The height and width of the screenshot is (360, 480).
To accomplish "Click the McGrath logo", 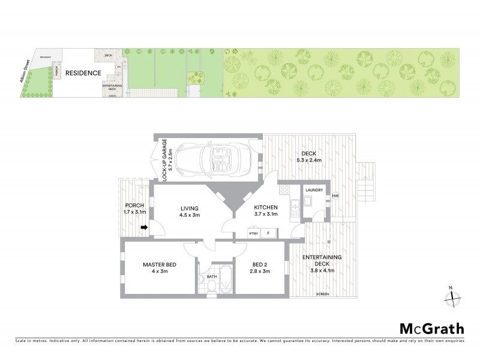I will coord(431,328).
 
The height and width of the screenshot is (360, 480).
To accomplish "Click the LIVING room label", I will coord(190,208).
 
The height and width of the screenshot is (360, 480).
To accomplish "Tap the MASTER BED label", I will coord(159,265).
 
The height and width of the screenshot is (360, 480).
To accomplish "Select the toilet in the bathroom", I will coord(211,284).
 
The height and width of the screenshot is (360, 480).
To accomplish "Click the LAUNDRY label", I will coord(314,190).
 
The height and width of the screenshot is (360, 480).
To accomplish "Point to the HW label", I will coord(335,196).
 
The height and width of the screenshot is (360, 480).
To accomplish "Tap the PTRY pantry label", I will coord(253,233).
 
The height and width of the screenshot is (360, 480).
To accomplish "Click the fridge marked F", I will coord(268,233).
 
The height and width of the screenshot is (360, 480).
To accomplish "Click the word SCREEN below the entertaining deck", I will coord(323,294).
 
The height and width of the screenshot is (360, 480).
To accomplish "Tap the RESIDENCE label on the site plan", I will coord(83,73).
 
